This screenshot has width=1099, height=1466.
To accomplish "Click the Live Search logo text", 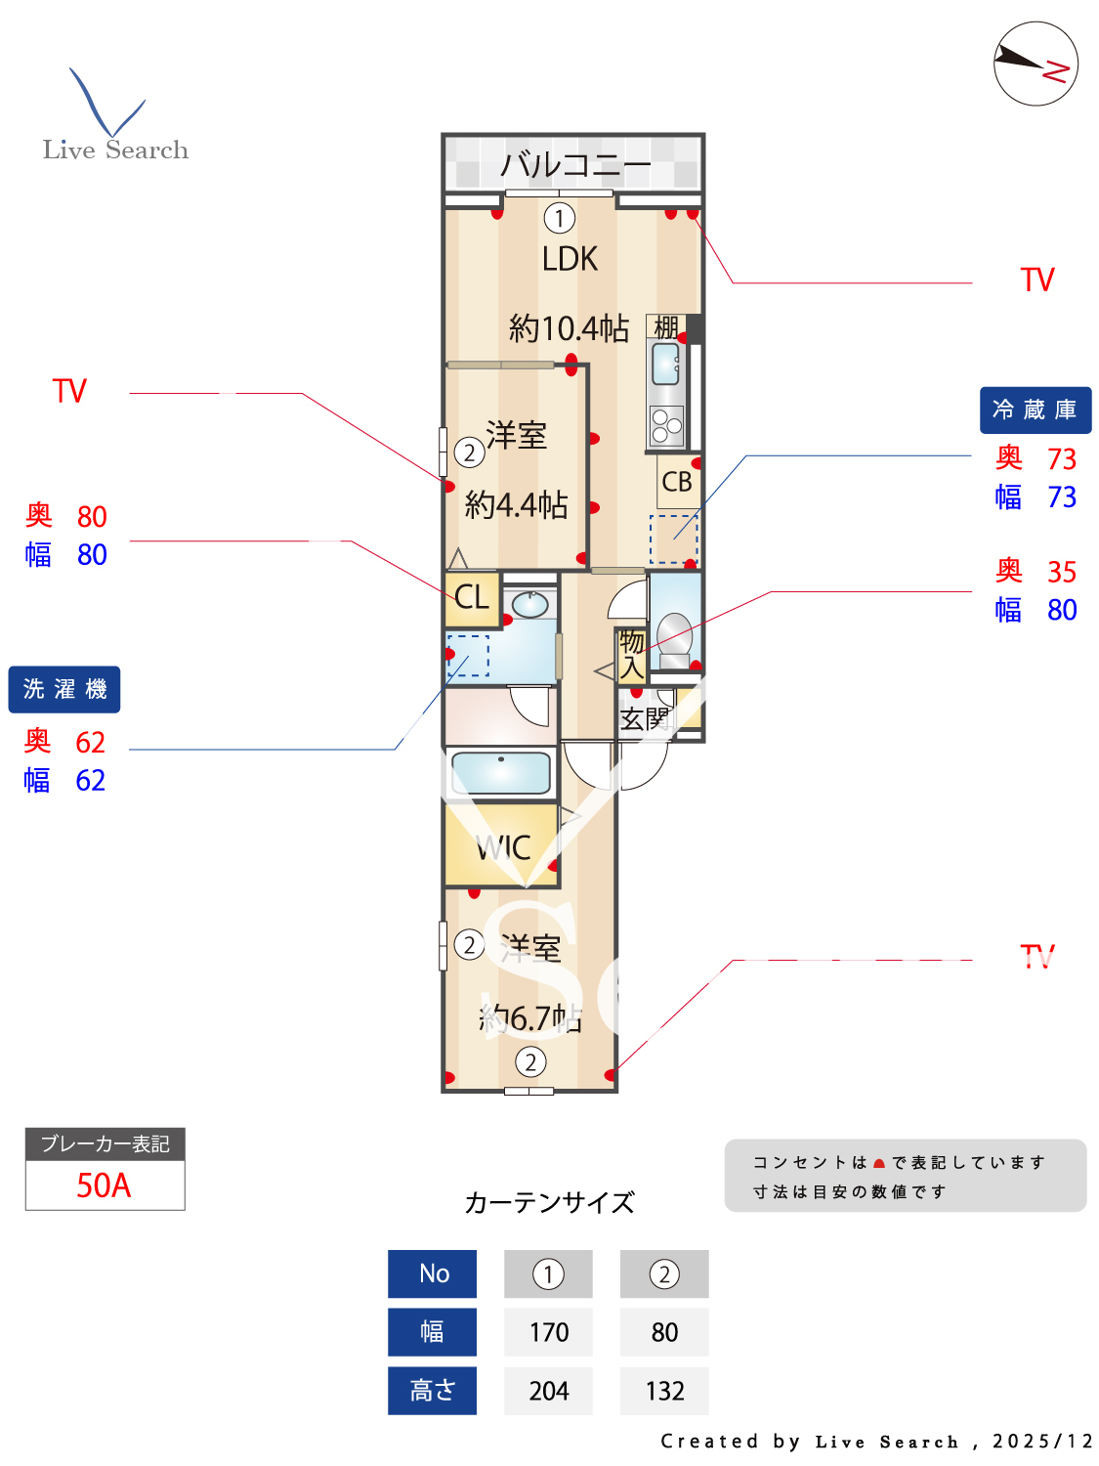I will (115, 150).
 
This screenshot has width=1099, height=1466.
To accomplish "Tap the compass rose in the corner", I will (1036, 64).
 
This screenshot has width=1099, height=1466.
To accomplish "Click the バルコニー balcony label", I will (574, 165).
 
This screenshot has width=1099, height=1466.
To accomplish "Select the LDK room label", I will (570, 259).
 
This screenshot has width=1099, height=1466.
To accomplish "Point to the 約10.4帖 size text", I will (569, 328).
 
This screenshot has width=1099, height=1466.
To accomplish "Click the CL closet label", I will (472, 596).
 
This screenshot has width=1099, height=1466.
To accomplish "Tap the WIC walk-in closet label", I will (503, 847).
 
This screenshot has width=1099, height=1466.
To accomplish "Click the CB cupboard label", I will (677, 482).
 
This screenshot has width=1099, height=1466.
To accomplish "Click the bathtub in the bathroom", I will (501, 772).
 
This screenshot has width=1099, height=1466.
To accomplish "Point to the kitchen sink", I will (666, 366).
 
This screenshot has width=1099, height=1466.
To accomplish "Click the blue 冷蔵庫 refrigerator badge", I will (1035, 410).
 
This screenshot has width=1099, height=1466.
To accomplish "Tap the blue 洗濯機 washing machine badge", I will (64, 689).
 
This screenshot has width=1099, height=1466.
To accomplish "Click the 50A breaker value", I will (104, 1186).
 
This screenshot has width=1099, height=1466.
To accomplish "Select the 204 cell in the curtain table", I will (548, 1391).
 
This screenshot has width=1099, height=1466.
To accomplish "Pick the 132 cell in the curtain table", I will (664, 1391).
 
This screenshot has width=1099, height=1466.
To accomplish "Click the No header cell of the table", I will (433, 1273).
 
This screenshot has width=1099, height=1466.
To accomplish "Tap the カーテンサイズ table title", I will (549, 1202).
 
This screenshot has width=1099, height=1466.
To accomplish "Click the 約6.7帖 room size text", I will (530, 1018).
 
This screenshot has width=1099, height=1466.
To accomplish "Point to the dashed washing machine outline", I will (468, 656).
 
